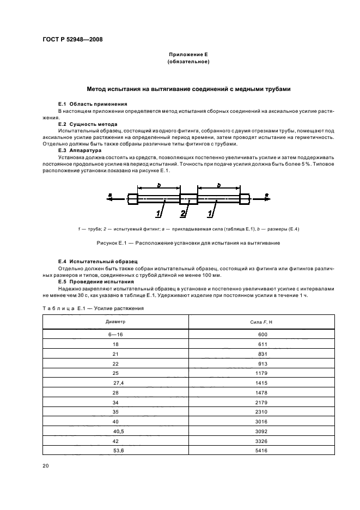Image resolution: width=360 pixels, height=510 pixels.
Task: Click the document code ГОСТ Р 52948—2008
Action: pyautogui.click(x=72, y=39)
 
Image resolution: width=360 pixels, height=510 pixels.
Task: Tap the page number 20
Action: pyautogui.click(x=45, y=466)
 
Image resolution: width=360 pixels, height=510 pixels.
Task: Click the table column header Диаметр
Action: pyautogui.click(x=114, y=322)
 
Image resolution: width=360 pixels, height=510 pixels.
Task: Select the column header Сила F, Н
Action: pyautogui.click(x=262, y=322)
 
